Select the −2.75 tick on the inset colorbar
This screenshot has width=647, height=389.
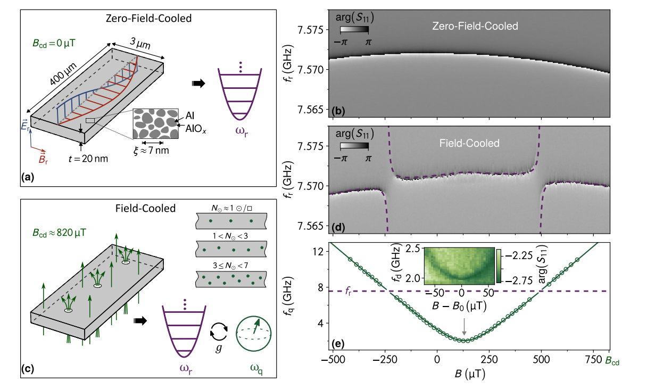point(514,280)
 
